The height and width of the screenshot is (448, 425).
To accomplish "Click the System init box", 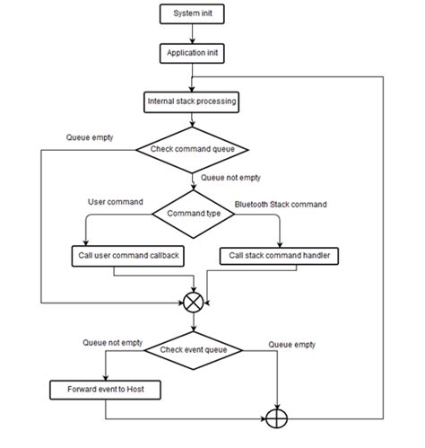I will click(191, 14).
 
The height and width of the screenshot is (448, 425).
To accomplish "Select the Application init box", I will click(191, 54).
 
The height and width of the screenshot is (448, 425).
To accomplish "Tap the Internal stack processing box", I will click(191, 101).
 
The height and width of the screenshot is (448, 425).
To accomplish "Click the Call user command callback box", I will click(126, 256).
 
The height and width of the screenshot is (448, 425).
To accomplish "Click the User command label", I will click(114, 202).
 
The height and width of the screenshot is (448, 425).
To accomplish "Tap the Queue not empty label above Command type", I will click(231, 178).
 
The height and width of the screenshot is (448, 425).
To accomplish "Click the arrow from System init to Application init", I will click(191, 34).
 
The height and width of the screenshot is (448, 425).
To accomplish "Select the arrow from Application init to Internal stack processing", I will click(191, 77).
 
